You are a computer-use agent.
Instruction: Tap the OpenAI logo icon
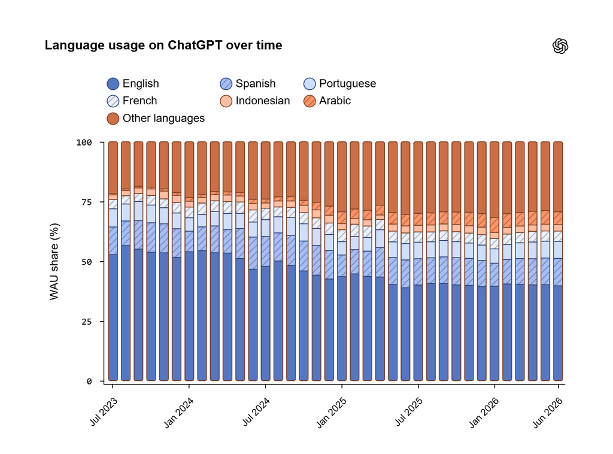(x=560, y=46)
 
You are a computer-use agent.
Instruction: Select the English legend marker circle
(x=113, y=84)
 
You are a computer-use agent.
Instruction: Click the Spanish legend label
(x=255, y=84)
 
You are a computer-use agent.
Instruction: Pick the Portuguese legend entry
(x=340, y=84)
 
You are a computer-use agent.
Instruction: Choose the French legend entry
(x=132, y=101)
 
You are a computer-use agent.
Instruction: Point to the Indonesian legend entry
(x=255, y=101)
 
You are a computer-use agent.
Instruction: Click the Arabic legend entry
(x=327, y=101)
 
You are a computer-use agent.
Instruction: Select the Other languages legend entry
(x=156, y=119)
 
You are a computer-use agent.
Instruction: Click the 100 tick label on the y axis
(x=84, y=143)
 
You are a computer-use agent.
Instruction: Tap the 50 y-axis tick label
(x=86, y=262)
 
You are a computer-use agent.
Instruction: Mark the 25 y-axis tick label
(x=86, y=322)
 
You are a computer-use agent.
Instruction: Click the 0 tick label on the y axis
(x=89, y=382)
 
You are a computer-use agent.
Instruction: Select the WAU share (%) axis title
(x=54, y=262)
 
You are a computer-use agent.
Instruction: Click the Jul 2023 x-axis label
(x=104, y=411)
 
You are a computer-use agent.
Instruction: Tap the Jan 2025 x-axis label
(x=332, y=413)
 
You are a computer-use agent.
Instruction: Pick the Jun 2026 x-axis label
(x=548, y=413)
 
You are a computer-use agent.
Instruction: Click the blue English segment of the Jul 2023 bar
(x=113, y=317)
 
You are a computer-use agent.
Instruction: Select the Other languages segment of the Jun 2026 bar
(x=559, y=177)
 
